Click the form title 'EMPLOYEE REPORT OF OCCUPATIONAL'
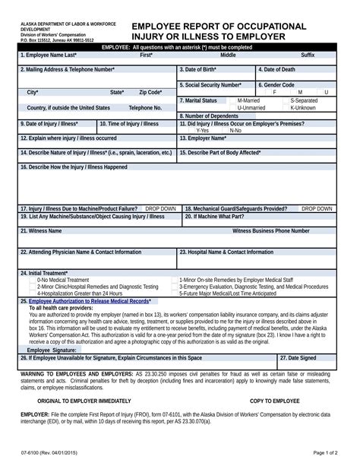(x=219, y=26)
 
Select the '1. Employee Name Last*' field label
(x=49, y=55)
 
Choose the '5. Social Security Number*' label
(x=210, y=85)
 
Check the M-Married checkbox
(x=233, y=100)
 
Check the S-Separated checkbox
(x=286, y=100)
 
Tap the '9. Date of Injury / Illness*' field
(x=49, y=123)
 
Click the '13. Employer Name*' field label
(x=203, y=138)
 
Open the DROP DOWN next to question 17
(x=160, y=208)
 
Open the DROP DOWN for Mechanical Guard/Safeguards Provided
(x=317, y=208)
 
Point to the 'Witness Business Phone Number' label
(x=270, y=230)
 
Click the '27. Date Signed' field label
(x=298, y=357)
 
